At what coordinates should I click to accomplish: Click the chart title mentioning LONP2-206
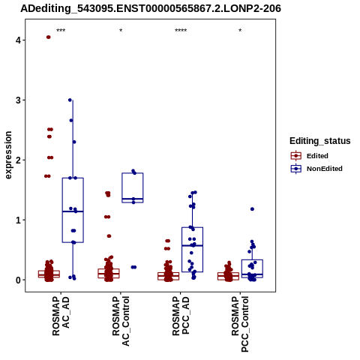coord(151,8)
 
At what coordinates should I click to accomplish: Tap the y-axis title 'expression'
coord(8,155)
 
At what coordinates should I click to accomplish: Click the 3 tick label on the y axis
coord(19,100)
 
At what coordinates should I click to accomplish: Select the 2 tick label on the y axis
coord(19,160)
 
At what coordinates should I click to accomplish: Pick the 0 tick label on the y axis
coord(19,280)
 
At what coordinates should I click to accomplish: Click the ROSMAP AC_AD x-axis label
coord(61,316)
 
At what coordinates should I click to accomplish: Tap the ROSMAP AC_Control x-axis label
coord(121,321)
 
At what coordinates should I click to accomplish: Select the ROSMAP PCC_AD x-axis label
coord(181,316)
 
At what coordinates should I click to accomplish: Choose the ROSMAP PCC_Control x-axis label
coord(240,324)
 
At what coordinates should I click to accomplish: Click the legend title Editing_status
coord(320,141)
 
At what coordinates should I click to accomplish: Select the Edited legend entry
coord(310,156)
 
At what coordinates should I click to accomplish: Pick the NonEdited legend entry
coord(316,169)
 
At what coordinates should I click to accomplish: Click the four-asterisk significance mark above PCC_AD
coord(181,31)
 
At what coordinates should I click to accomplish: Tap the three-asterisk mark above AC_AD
coord(61,31)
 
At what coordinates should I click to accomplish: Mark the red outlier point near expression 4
coord(49,37)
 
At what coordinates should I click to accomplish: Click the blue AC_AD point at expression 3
coord(70,100)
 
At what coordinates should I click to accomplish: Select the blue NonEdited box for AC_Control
coord(133,187)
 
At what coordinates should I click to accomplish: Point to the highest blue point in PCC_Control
coord(252,209)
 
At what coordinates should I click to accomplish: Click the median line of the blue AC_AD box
coord(73,211)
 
